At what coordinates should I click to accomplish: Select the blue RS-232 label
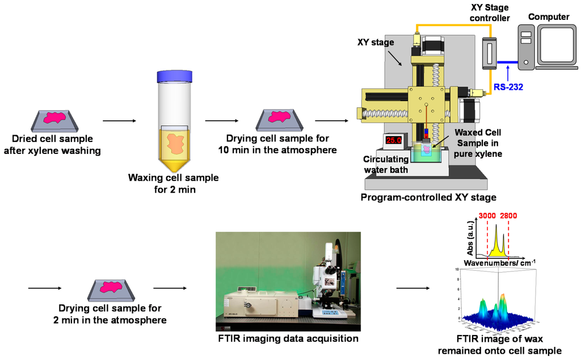tap(508, 87)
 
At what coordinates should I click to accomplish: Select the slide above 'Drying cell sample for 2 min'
tap(111, 289)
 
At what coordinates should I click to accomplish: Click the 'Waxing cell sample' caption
tap(173, 183)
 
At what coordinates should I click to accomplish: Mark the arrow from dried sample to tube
tap(119, 120)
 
